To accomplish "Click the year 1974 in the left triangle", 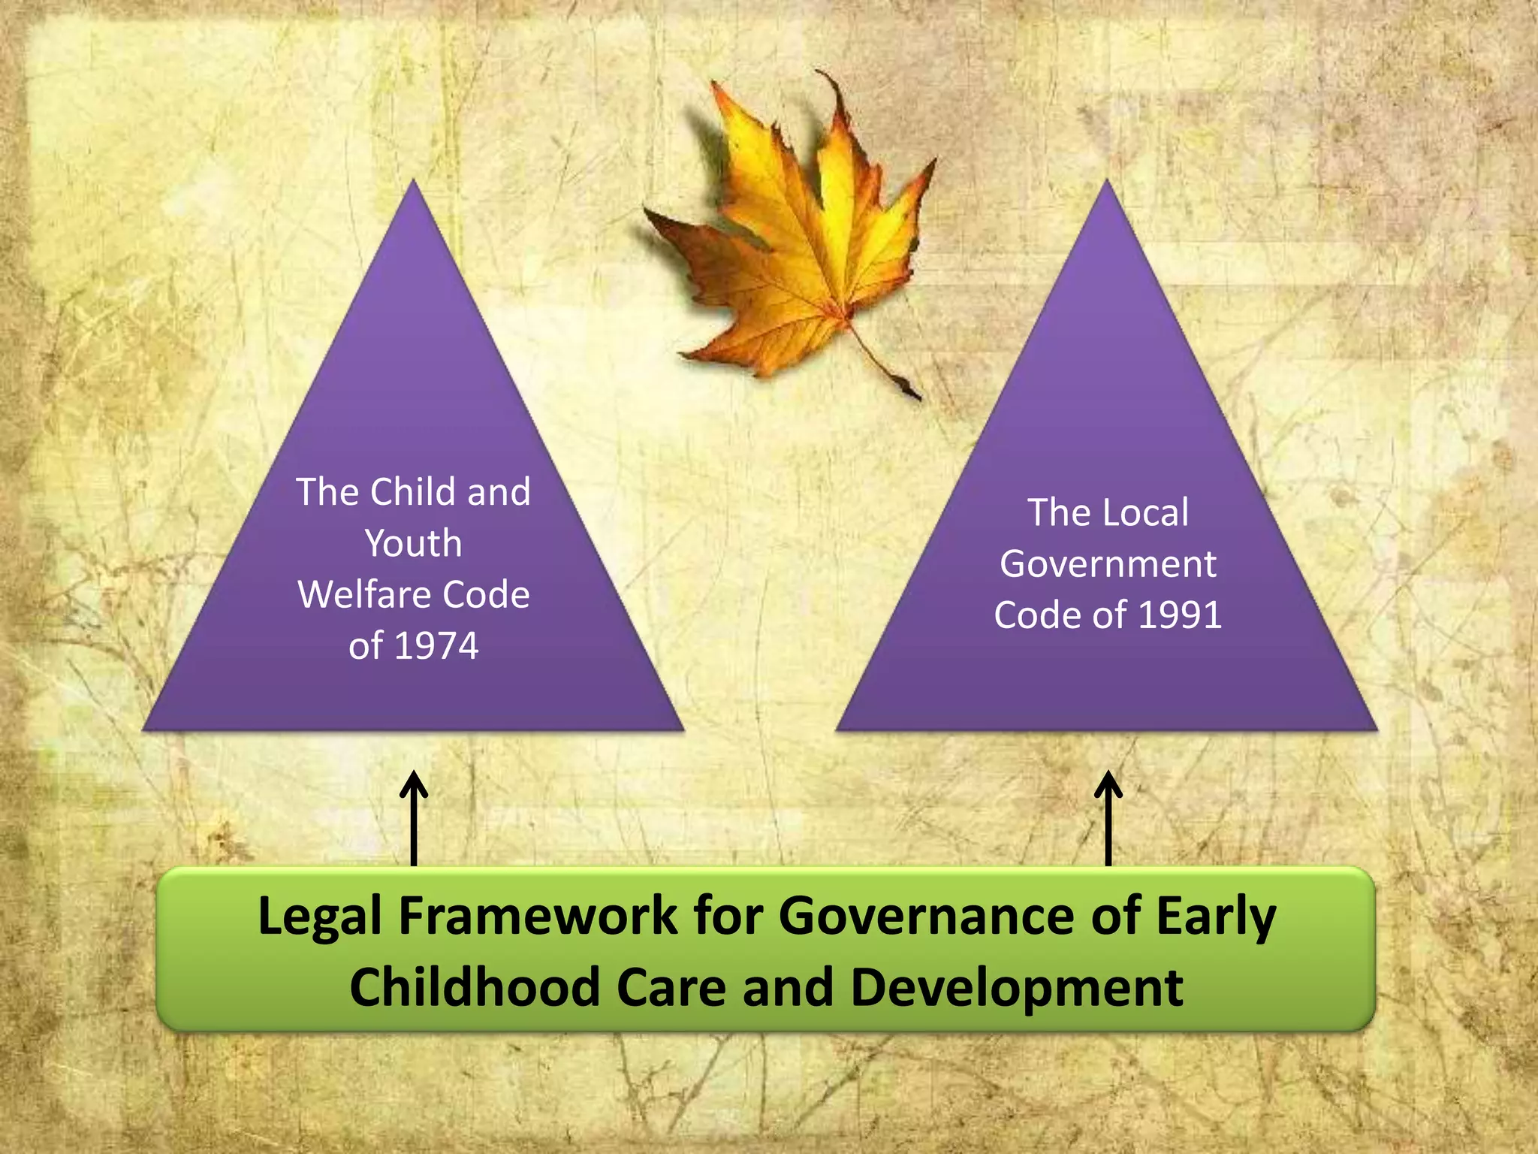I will [x=436, y=646].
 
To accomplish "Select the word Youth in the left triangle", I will [x=414, y=543].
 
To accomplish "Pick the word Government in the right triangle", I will [x=1108, y=564].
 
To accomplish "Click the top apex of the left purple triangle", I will [x=414, y=185].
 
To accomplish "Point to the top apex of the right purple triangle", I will [x=1108, y=185].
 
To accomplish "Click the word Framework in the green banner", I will [x=538, y=917].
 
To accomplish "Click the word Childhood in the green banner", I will [x=474, y=987].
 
